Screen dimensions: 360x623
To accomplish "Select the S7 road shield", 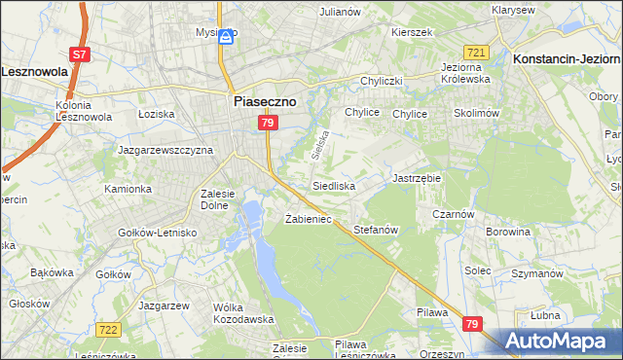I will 80,54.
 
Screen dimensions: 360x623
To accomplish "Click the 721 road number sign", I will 476,52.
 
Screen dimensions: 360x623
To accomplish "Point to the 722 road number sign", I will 108,331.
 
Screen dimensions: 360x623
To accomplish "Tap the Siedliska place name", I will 334,185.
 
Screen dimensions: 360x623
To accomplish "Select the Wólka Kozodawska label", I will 240,313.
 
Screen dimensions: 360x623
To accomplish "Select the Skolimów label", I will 477,114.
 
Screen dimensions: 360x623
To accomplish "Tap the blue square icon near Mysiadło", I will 226,37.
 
